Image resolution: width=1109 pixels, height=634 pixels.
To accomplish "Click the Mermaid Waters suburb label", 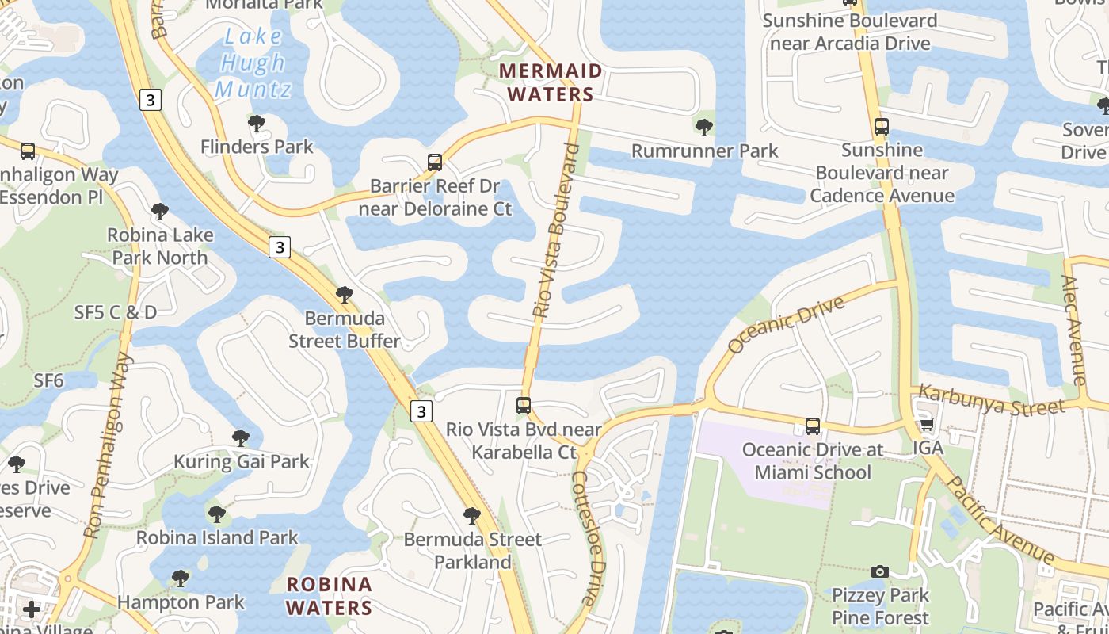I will pos(551,82).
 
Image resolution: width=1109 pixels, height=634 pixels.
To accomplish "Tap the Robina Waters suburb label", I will pos(329,596).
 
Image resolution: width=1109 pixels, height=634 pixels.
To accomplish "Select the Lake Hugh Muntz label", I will pos(253,63).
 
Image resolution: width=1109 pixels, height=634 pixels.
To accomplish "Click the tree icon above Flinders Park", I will pos(256,124).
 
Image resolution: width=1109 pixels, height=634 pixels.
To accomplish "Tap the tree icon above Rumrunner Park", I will pos(703,127).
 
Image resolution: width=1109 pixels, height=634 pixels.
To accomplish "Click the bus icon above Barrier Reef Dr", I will pos(434,162).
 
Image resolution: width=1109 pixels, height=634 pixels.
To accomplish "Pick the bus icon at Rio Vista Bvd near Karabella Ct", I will pos(523,406).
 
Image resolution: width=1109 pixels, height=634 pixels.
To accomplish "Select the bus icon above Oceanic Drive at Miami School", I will pos(813,426).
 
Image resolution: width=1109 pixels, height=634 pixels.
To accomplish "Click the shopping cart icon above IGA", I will pos(927,425).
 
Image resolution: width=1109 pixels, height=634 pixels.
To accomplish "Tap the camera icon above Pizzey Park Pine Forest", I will pos(879,571).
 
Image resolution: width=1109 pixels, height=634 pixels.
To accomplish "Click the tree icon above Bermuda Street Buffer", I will pos(344,295).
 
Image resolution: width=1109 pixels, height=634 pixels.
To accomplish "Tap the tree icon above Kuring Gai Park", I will pos(241,437).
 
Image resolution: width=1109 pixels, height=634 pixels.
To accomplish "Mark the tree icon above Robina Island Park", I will pos(216,514).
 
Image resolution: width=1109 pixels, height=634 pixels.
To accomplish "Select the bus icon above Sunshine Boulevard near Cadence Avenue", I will pos(881,126).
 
